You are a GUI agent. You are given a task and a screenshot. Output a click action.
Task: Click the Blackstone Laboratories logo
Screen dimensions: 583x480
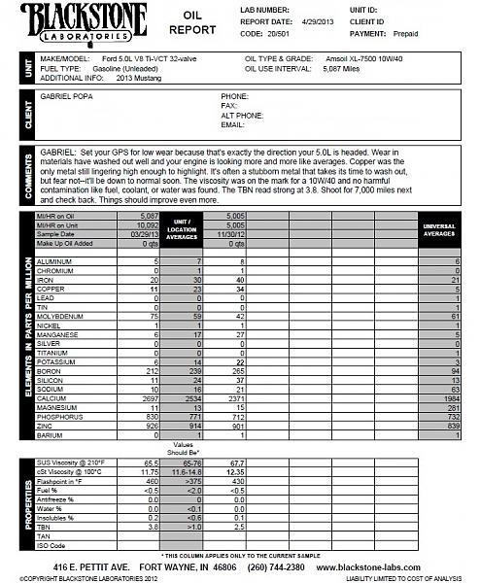pyautogui.click(x=75, y=22)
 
